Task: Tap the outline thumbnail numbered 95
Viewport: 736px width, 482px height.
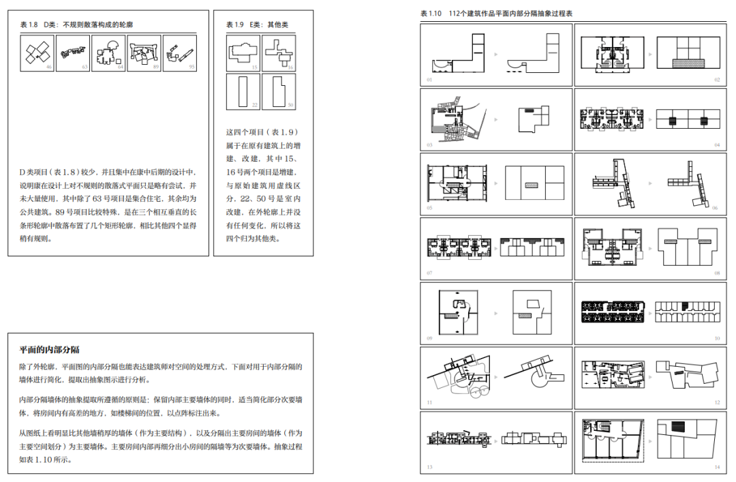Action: coord(179,53)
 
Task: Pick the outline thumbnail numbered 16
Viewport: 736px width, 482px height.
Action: coord(278,53)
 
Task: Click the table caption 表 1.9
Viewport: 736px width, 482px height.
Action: coord(235,25)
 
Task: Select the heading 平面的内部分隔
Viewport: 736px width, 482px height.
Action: coord(50,350)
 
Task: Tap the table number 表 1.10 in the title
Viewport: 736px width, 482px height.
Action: coord(431,14)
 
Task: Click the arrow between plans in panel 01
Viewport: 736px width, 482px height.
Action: coord(495,53)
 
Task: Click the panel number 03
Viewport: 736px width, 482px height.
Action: coord(429,145)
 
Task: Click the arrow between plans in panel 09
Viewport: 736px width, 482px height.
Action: coord(495,312)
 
